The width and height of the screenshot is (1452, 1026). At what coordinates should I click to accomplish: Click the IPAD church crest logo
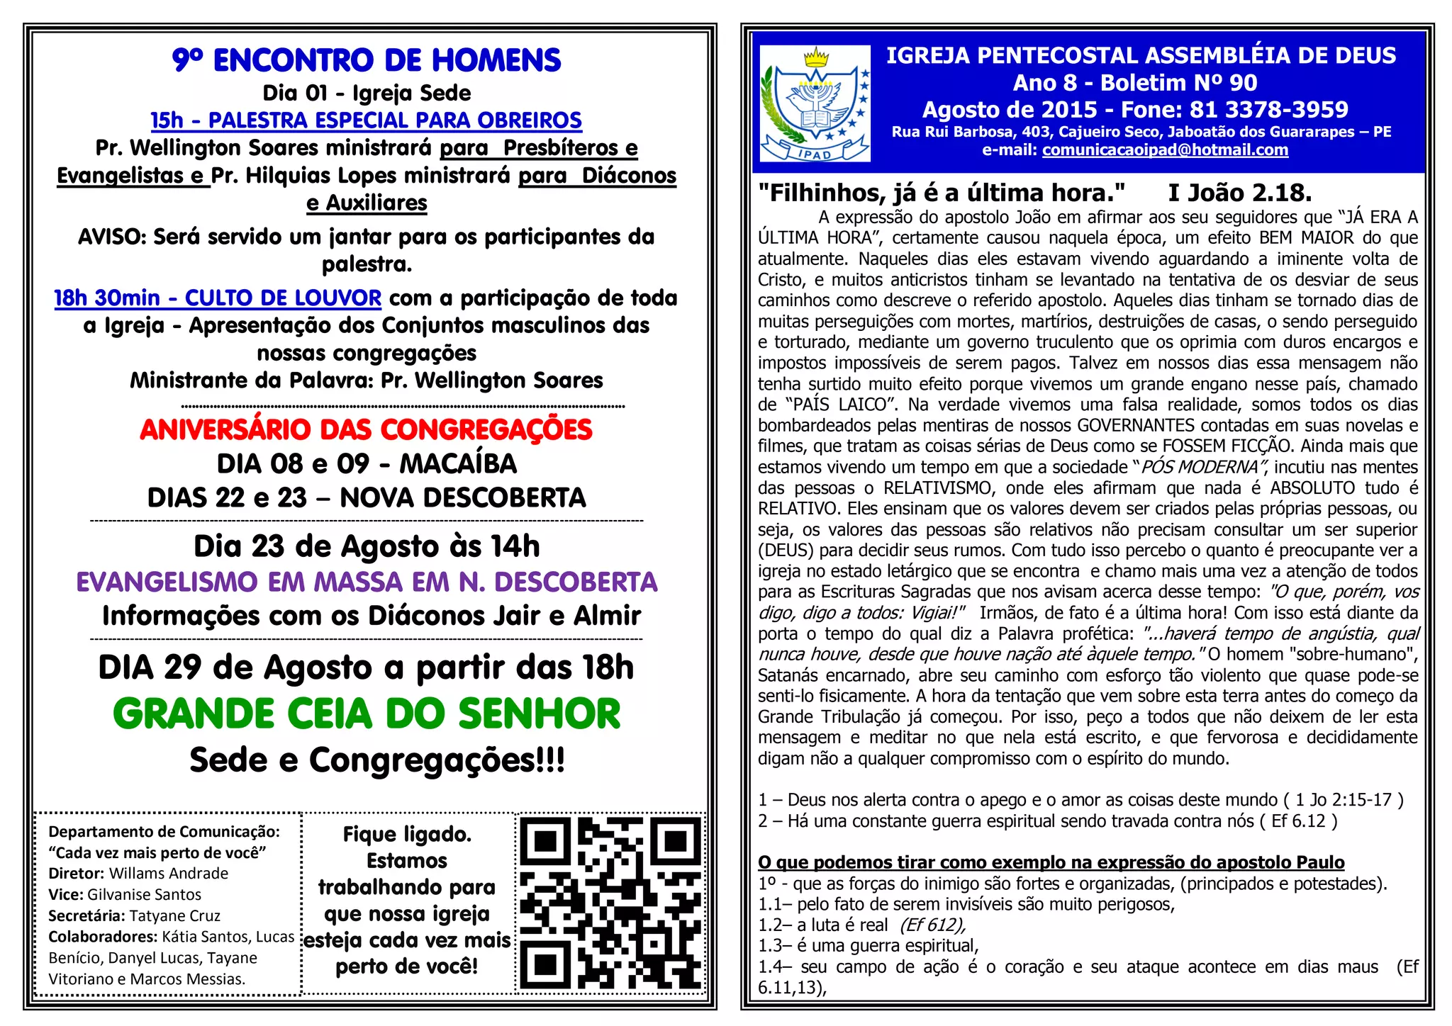[x=815, y=103]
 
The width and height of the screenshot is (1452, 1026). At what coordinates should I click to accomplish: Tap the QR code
[x=610, y=903]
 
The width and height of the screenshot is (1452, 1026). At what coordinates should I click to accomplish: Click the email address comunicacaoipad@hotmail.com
[x=1165, y=150]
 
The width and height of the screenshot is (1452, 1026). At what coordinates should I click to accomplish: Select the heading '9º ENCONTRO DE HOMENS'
[x=366, y=61]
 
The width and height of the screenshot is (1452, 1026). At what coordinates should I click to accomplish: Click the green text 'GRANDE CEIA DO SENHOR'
[x=367, y=714]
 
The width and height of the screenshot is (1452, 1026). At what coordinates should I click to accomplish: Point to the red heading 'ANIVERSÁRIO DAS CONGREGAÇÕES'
[x=366, y=430]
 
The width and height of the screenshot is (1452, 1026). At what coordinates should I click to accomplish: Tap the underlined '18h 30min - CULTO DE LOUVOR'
[x=218, y=298]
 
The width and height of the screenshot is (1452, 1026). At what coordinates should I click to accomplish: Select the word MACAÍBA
[x=458, y=464]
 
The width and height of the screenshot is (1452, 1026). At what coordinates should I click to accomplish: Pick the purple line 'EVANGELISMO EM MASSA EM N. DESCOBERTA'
[x=367, y=582]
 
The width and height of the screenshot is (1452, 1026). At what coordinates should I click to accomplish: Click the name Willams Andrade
[x=169, y=874]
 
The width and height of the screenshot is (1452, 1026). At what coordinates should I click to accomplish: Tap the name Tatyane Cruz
[x=175, y=915]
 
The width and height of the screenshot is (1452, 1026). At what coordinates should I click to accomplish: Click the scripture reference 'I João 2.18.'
[x=1239, y=193]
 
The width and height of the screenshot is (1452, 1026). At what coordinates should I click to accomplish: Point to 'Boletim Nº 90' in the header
[x=1178, y=83]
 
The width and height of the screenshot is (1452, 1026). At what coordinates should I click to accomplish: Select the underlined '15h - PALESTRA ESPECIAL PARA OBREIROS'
[x=366, y=120]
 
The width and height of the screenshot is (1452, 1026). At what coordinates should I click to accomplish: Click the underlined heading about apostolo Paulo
[x=1051, y=862]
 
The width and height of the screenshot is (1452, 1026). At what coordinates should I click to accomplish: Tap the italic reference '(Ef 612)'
[x=932, y=925]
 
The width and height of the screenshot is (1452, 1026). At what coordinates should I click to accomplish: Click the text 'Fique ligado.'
[x=407, y=835]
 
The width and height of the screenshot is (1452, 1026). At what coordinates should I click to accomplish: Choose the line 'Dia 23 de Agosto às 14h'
[x=367, y=546]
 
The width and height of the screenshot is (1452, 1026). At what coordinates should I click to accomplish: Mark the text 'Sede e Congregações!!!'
[x=377, y=760]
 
